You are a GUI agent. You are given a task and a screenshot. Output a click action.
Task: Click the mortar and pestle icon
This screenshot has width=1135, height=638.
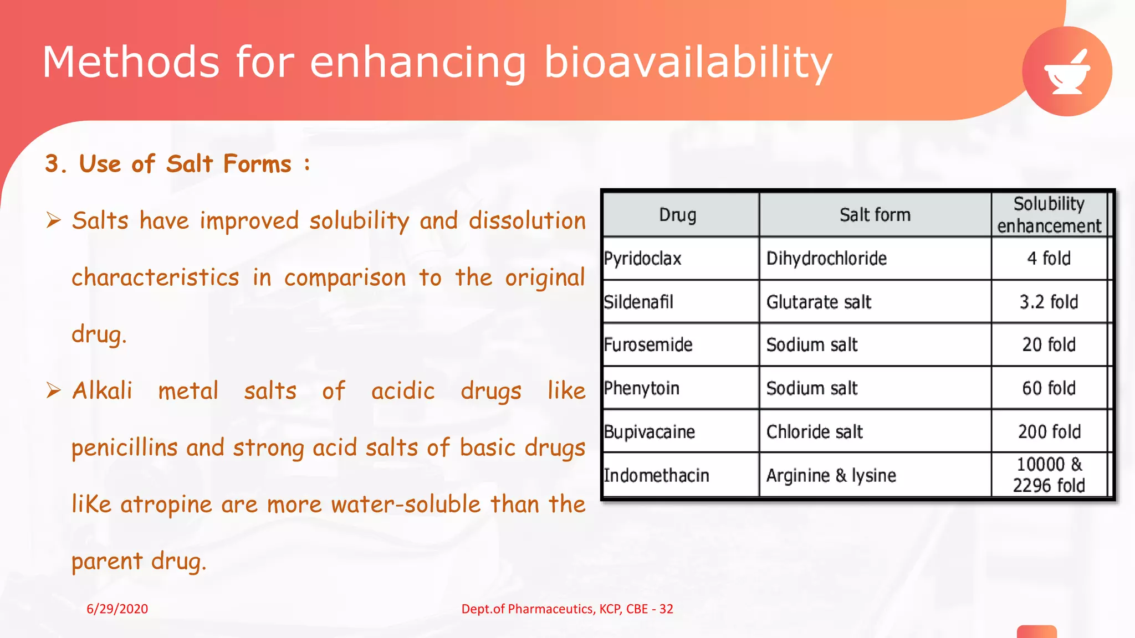[1067, 72]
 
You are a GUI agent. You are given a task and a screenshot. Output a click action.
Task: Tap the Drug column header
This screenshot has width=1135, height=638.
[677, 215]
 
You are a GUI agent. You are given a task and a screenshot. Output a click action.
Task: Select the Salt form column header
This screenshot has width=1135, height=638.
[875, 215]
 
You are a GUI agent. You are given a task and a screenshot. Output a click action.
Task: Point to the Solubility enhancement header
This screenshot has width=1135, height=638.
[1049, 215]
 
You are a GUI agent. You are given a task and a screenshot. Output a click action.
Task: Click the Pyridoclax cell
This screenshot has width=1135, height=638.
[643, 259]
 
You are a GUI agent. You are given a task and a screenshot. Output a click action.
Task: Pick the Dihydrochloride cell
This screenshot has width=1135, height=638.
[826, 259]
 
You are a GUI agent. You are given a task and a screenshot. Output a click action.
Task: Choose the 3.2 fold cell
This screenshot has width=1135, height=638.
[1049, 302]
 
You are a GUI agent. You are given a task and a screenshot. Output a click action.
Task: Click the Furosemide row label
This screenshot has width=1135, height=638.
[648, 345]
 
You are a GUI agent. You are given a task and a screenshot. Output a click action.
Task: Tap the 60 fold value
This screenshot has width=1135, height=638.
[1049, 388]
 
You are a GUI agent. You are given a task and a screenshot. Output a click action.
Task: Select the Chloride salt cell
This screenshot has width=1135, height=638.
[814, 431]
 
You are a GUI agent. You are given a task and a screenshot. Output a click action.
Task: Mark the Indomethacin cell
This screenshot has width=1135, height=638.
[656, 475]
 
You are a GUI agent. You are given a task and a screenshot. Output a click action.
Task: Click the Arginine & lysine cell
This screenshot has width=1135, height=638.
[831, 475]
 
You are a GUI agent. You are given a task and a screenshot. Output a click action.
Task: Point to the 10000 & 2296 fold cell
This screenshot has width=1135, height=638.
[1049, 475]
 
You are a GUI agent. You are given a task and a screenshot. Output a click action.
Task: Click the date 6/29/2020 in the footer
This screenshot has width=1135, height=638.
[117, 609]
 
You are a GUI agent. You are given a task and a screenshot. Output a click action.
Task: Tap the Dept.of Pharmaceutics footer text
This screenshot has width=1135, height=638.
[567, 609]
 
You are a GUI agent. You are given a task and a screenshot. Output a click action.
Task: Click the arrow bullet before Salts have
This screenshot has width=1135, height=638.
[54, 220]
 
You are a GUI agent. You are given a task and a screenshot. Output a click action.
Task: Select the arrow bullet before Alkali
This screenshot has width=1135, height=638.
[54, 390]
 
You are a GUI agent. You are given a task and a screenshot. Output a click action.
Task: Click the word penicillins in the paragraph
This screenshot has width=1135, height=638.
[124, 447]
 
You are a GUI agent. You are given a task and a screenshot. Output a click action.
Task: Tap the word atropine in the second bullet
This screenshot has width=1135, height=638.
[166, 505]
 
